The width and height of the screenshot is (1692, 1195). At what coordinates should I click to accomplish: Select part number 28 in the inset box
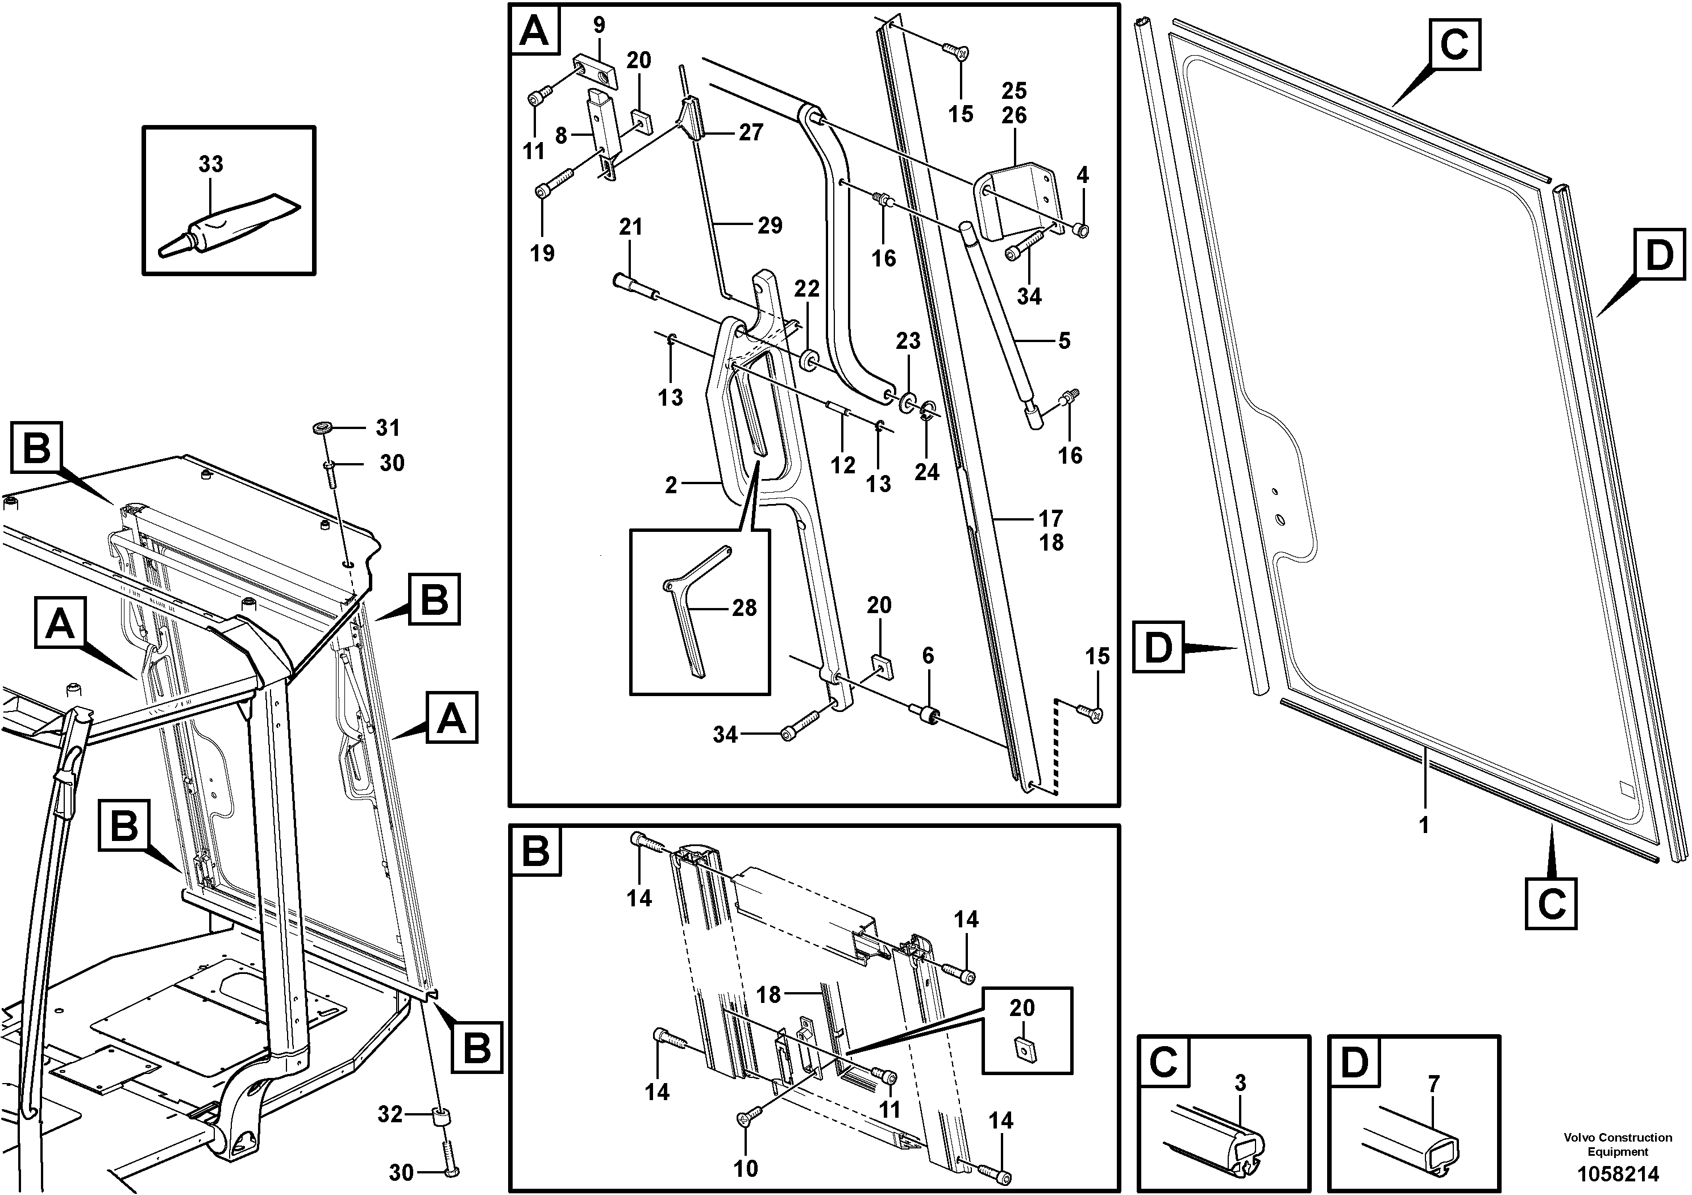tap(745, 608)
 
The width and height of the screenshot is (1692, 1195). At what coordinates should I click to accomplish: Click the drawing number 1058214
tap(1618, 1173)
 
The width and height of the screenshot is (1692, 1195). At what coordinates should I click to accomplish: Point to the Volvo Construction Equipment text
tap(1618, 1144)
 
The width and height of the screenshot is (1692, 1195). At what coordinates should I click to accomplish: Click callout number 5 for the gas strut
tap(1063, 340)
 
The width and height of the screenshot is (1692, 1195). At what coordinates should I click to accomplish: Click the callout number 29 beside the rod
tap(770, 226)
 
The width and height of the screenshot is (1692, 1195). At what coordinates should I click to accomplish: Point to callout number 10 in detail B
tap(745, 1168)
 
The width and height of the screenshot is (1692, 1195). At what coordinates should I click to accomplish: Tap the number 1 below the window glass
tap(1424, 825)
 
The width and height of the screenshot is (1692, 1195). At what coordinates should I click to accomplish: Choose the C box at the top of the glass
tap(1454, 44)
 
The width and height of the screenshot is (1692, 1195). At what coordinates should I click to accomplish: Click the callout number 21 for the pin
tap(630, 227)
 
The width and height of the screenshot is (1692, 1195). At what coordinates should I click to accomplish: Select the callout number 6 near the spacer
tap(928, 656)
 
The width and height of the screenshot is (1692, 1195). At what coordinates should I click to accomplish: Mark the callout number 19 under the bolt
tap(542, 253)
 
